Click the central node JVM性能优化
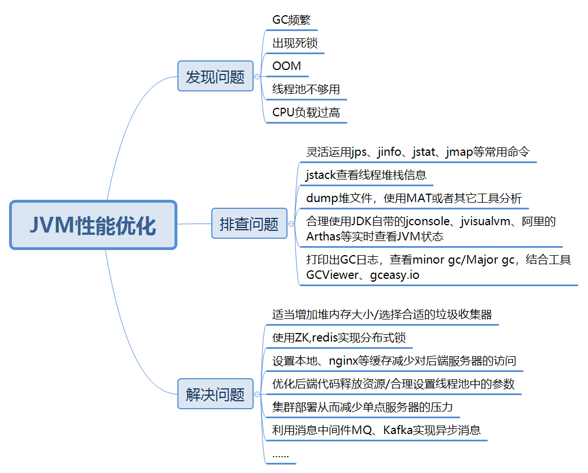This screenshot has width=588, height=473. (93, 225)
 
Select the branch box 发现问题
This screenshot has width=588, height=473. (215, 76)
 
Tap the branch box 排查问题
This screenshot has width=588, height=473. (249, 224)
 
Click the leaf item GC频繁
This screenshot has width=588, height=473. (291, 20)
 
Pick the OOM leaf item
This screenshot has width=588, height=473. (286, 66)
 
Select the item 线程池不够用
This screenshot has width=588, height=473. (306, 89)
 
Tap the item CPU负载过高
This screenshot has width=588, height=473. (306, 112)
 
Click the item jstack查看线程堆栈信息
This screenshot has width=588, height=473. (366, 174)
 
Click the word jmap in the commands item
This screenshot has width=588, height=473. (459, 152)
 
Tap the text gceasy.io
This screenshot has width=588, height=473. (395, 275)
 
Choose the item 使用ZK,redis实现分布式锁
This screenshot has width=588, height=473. (338, 338)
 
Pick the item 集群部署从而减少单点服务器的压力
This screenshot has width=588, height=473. (362, 407)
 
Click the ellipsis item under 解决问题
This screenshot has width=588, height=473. (280, 454)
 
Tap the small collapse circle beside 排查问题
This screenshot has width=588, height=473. (291, 224)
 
